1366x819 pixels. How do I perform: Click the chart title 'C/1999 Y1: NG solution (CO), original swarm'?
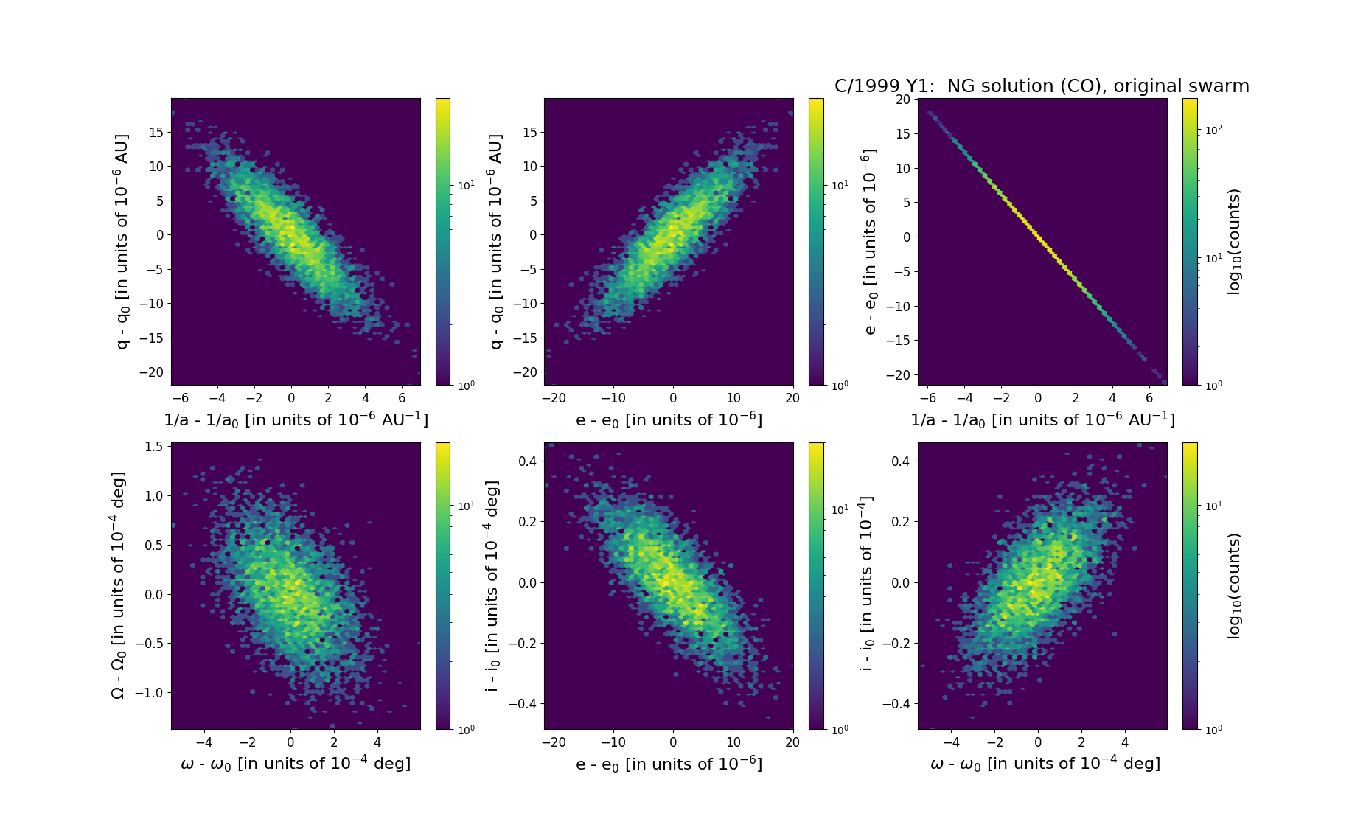click(1042, 86)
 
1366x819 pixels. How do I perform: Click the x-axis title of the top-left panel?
click(296, 419)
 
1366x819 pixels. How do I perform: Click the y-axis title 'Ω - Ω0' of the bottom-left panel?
click(118, 585)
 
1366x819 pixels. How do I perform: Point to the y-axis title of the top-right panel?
click(870, 242)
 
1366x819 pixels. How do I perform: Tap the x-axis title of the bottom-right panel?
click(1045, 764)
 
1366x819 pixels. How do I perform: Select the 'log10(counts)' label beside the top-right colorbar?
click(1234, 242)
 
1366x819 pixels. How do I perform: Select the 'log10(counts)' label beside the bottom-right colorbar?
click(1234, 585)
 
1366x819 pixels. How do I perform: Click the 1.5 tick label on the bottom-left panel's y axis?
click(153, 447)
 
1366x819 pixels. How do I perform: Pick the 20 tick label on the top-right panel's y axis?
click(902, 100)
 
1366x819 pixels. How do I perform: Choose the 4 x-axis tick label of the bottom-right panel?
click(1125, 742)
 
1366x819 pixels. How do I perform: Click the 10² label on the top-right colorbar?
click(1212, 130)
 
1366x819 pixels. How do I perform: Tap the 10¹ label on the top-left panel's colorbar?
click(466, 185)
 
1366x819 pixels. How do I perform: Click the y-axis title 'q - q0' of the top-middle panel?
click(495, 242)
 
